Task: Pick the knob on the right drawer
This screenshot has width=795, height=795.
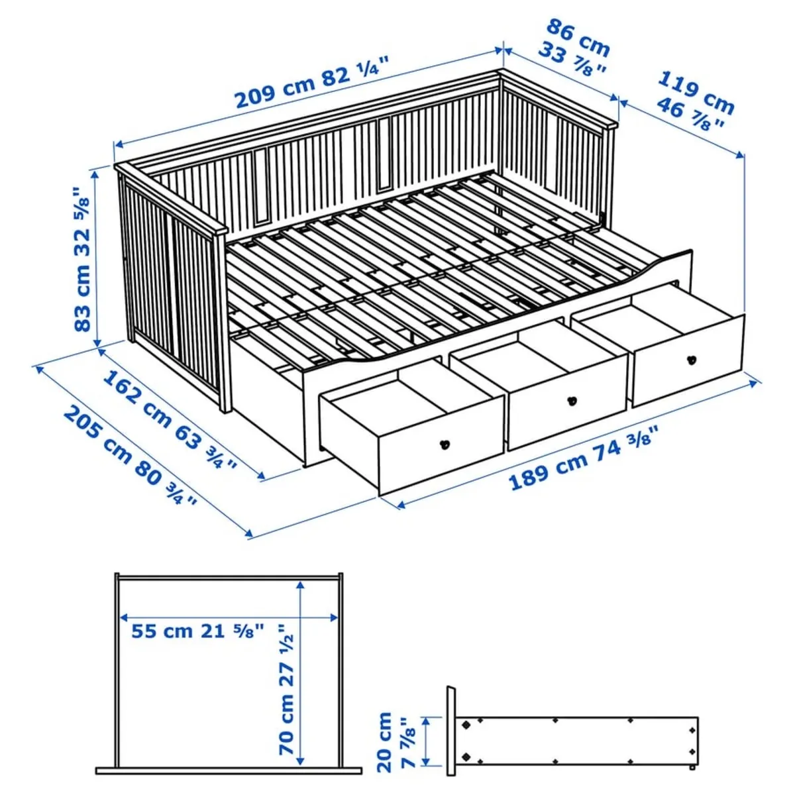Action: [691, 360]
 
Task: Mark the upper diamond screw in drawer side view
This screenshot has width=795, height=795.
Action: [466, 724]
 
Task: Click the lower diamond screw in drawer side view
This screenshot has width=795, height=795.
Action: [466, 756]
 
